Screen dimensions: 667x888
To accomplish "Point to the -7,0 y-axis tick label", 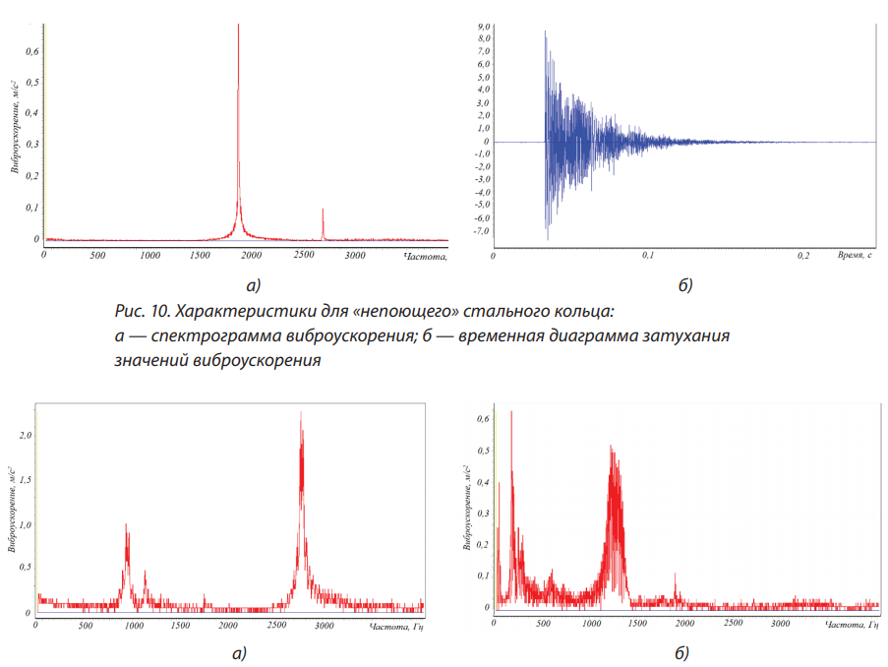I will [x=482, y=231].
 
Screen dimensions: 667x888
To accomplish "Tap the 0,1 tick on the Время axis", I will [x=648, y=255].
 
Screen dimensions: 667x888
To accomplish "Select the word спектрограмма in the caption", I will [x=203, y=336].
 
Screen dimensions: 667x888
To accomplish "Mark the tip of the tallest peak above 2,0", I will [x=301, y=412].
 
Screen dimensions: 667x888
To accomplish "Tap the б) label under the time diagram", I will [x=685, y=286].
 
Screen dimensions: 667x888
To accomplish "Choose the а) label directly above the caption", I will [x=254, y=286].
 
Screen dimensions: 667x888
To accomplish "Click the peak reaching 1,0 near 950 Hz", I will [x=127, y=525].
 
